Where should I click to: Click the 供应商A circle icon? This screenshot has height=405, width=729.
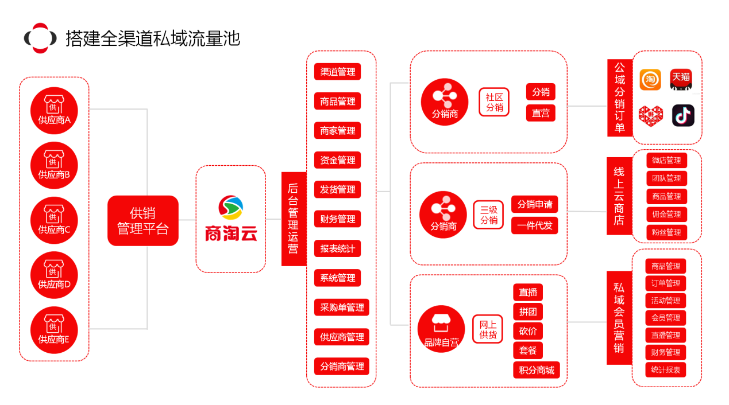[x=54, y=111]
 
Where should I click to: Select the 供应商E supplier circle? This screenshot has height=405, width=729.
[x=54, y=330]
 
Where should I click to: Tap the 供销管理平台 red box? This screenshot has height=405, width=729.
[x=143, y=221]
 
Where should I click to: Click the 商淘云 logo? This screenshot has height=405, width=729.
[x=231, y=219]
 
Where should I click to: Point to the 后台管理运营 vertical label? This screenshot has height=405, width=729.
[x=293, y=219]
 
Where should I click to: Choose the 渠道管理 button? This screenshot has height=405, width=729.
[x=337, y=72]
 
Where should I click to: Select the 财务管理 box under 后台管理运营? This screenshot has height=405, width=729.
[x=337, y=219]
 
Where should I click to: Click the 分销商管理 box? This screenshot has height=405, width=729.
[x=342, y=366]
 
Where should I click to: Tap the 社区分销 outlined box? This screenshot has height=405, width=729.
[x=494, y=102]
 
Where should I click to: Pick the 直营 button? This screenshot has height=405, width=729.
[x=540, y=113]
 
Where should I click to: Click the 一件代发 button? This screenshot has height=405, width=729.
[x=534, y=225]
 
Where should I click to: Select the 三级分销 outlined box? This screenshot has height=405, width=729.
[x=488, y=215]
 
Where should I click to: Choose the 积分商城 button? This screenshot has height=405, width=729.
[x=536, y=370]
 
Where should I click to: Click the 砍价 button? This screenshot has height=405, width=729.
[x=527, y=331]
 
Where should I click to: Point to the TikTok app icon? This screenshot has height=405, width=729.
[x=683, y=115]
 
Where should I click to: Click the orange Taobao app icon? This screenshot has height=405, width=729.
[x=650, y=80]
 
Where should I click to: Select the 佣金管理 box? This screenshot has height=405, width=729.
[x=666, y=214]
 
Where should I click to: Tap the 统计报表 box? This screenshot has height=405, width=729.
[x=666, y=370]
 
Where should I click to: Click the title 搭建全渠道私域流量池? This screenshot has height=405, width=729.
[x=152, y=38]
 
